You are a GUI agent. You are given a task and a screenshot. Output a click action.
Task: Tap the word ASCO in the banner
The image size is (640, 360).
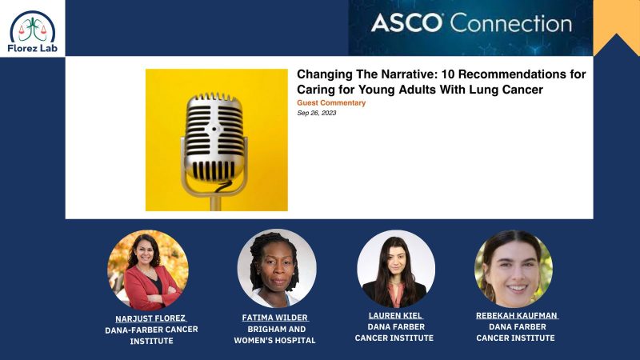pos(406,22)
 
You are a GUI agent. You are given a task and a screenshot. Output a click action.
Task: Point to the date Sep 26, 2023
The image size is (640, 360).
pos(316,113)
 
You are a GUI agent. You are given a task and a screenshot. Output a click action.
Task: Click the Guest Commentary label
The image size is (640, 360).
pos(331,102)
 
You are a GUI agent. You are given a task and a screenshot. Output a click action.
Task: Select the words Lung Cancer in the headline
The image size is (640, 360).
pos(508,90)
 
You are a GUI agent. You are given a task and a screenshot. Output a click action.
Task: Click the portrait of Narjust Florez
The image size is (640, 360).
pos(148,270)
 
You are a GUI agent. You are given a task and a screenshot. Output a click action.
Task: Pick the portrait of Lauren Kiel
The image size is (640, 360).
pos(395,270)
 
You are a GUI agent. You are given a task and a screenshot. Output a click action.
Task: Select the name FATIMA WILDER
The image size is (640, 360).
pos(274,318)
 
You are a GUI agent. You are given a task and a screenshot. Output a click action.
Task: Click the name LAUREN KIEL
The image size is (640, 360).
pos(394,316)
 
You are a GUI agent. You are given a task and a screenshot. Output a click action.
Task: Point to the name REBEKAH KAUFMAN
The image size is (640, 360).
pos(516,316)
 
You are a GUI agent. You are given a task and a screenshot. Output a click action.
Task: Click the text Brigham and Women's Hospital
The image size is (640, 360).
pos(274,334)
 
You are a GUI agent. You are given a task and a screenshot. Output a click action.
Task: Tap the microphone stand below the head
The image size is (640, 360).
pos(215,198)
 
